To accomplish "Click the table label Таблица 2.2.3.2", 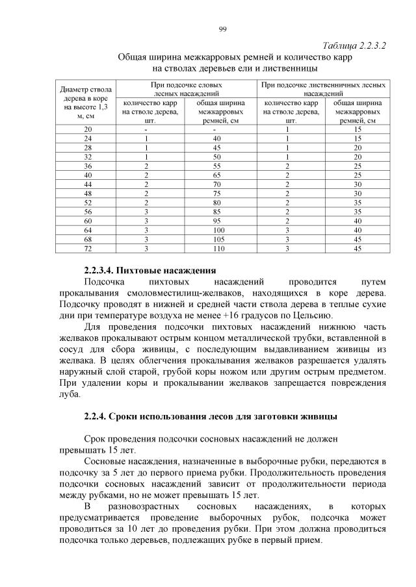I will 354,45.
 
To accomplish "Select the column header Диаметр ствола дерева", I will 86,101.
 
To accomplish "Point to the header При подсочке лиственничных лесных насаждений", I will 324,89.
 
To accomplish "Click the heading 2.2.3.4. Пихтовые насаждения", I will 149,269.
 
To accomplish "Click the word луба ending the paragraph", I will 68,393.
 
